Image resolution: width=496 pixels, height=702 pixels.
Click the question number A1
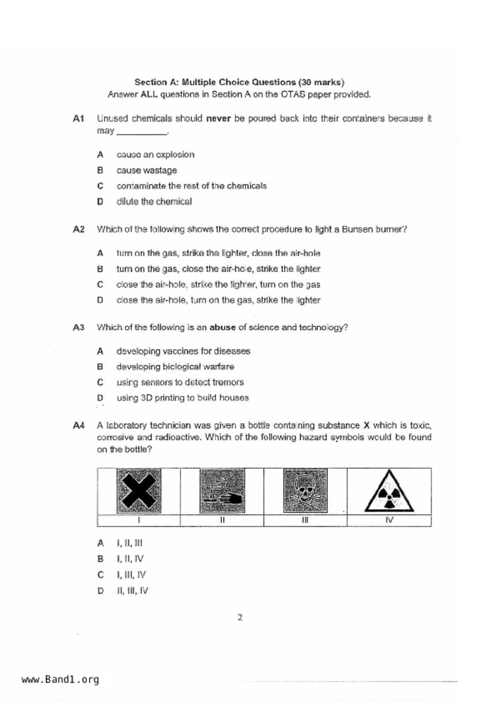pyautogui.click(x=78, y=118)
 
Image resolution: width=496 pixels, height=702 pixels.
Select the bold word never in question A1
pyautogui.click(x=218, y=118)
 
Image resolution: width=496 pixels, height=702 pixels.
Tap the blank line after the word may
pyautogui.click(x=142, y=132)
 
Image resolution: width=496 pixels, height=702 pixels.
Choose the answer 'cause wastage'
pyautogui.click(x=147, y=170)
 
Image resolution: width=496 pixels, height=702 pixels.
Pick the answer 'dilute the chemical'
pyautogui.click(x=154, y=201)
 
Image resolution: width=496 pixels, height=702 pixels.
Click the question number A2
pyautogui.click(x=78, y=229)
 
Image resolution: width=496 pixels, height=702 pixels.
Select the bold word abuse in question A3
pyautogui.click(x=223, y=327)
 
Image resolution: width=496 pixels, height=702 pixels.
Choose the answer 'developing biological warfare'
pyautogui.click(x=175, y=367)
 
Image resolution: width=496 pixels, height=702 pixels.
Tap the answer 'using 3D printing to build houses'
pyautogui.click(x=183, y=398)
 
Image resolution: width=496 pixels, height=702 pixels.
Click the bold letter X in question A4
pyautogui.click(x=366, y=425)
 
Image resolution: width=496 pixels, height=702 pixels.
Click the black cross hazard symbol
pyautogui.click(x=139, y=491)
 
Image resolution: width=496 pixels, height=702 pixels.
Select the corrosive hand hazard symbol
pyautogui.click(x=222, y=491)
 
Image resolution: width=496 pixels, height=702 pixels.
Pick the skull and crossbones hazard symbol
pyautogui.click(x=305, y=491)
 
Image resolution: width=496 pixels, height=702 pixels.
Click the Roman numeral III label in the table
pyautogui.click(x=305, y=520)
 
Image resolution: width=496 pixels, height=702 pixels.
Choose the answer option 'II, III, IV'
pyautogui.click(x=133, y=590)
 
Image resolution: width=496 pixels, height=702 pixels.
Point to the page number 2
pyautogui.click(x=240, y=618)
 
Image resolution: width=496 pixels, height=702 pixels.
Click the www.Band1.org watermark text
pyautogui.click(x=60, y=680)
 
